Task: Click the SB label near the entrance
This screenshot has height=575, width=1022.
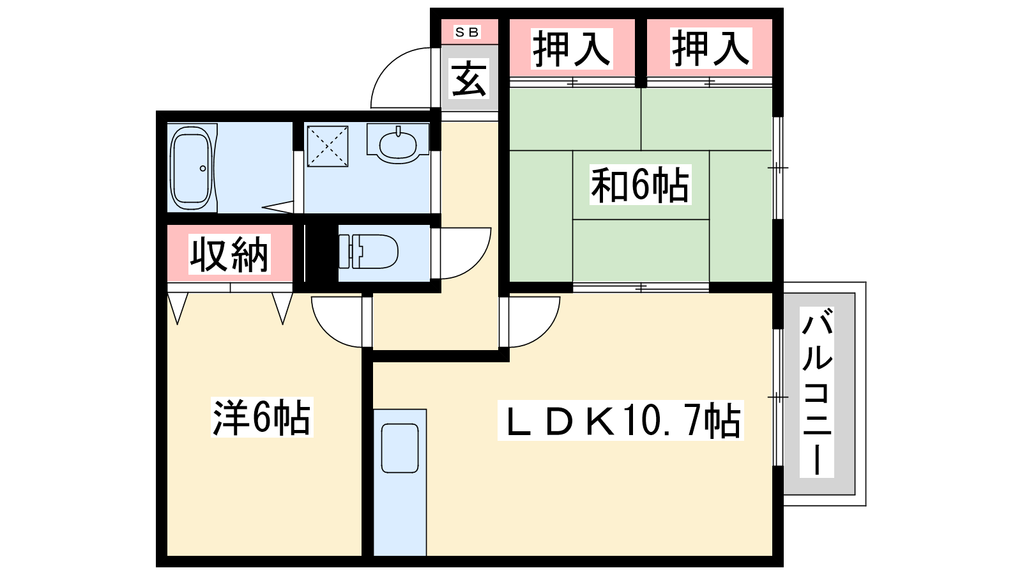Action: (467, 32)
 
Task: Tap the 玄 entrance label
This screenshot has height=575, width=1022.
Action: (469, 80)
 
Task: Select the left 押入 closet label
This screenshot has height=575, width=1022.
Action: (572, 49)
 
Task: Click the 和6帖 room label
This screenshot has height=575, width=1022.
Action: (640, 185)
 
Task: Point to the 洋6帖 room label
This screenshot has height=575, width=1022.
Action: (262, 417)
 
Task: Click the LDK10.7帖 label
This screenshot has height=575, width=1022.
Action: (620, 420)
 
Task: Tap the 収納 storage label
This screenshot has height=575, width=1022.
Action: (229, 254)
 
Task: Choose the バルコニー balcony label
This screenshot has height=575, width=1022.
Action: (817, 392)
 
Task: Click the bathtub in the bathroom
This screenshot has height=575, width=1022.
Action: (192, 167)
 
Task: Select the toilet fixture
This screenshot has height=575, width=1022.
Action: (368, 252)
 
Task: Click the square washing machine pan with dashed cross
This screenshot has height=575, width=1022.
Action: (328, 146)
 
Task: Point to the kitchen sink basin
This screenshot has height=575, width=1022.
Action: (400, 448)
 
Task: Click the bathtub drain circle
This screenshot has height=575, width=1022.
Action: (202, 169)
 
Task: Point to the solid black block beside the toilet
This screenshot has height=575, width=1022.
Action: (321, 252)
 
